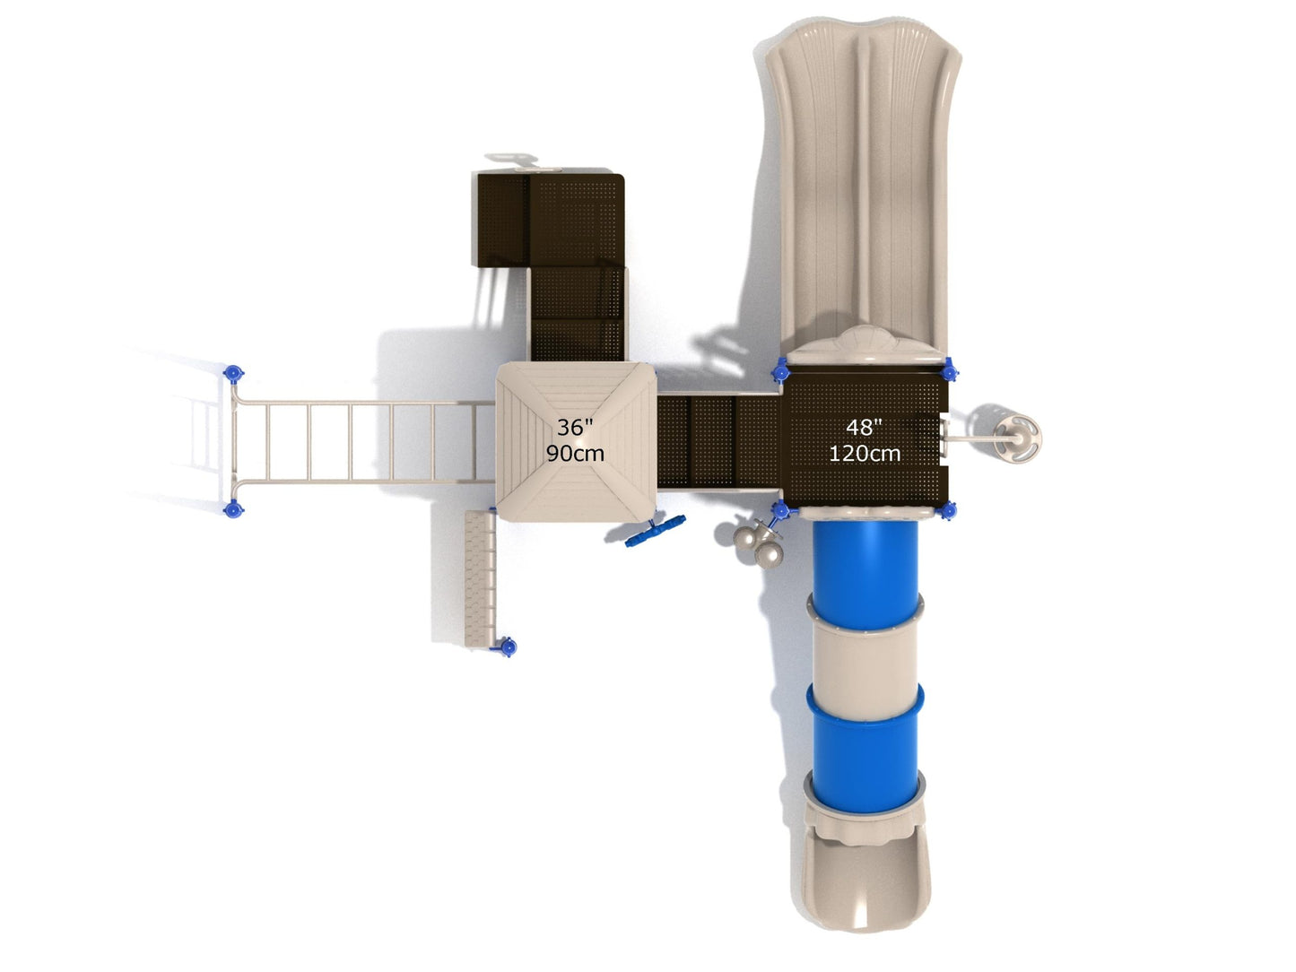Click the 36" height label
coord(574,427)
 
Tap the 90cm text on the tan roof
coord(575,453)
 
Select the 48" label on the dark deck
coord(864,427)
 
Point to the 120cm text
coord(865,453)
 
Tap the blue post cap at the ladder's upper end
coord(233,374)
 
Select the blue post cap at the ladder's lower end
coord(233,508)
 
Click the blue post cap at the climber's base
coord(507,647)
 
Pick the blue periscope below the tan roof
coord(656,531)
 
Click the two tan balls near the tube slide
coord(759,547)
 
